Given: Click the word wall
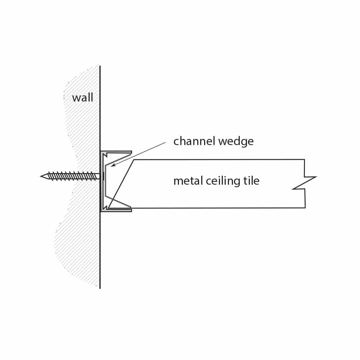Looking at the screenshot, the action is tap(83, 98).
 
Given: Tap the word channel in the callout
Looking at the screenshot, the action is tap(194, 141).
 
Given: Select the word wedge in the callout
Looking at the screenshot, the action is tap(236, 141).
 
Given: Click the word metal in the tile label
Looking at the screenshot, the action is tap(188, 181).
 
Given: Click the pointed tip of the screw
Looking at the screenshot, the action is tap(41, 176).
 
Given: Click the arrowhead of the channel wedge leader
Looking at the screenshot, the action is tap(113, 165).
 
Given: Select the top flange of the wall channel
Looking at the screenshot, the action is tap(116, 152).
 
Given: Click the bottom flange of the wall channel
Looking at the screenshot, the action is tap(116, 210).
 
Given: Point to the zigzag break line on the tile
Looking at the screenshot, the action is tap(305, 183).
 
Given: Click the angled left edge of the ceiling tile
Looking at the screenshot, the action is tap(121, 184).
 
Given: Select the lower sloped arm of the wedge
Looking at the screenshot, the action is tap(118, 201).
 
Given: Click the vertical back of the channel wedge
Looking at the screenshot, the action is tap(105, 181).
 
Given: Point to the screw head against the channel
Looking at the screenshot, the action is tap(103, 176).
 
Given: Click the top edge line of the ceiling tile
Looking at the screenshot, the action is tap(219, 159).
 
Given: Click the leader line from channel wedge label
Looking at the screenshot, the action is tap(138, 154).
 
